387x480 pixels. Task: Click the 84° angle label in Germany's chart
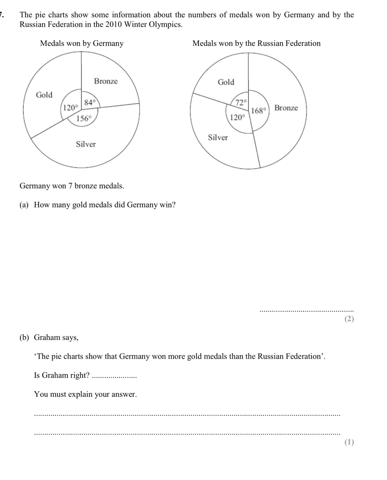(90, 102)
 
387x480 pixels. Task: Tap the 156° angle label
(84, 118)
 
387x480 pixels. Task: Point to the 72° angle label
(241, 102)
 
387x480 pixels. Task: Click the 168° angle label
(259, 111)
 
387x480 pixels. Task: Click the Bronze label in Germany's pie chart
(106, 81)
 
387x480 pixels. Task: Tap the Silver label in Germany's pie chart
(86, 144)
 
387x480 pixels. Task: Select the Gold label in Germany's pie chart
(44, 95)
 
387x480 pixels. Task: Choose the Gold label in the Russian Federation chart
(226, 82)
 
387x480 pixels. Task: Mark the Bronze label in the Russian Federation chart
(286, 108)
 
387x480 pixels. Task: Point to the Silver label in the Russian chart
(218, 138)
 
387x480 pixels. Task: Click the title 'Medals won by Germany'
(82, 44)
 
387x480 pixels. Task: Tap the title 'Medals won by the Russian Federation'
(256, 44)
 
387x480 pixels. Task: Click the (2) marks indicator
(349, 319)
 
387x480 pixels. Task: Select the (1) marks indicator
(349, 442)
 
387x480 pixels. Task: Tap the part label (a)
(24, 205)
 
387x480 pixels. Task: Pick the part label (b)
(24, 338)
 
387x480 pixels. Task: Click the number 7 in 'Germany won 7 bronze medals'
(70, 186)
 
